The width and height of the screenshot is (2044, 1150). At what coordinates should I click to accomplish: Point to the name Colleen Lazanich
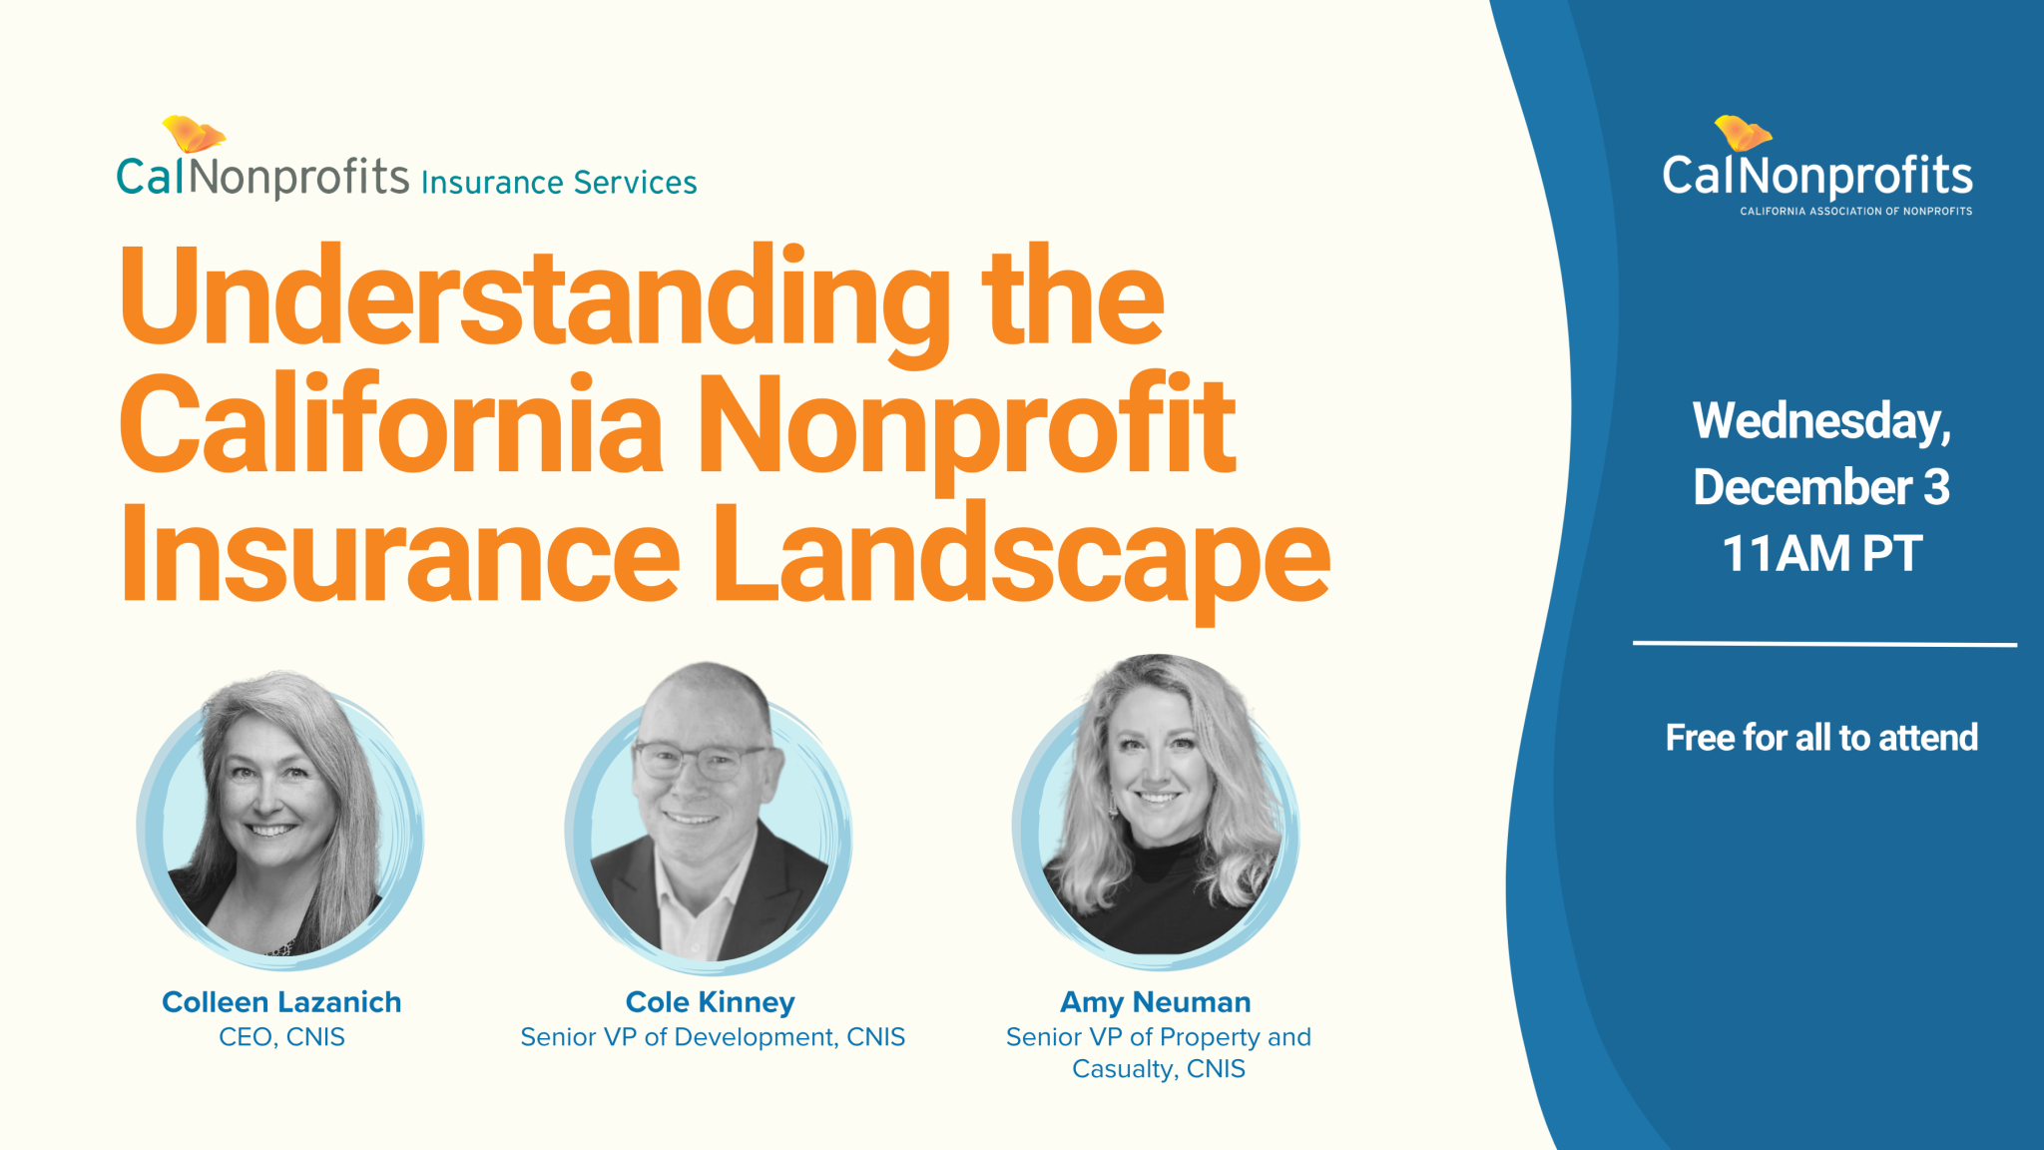(281, 1002)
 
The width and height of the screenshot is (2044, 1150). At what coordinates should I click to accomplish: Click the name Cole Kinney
(710, 1002)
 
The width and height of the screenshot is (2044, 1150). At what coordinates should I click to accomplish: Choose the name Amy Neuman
(1155, 1002)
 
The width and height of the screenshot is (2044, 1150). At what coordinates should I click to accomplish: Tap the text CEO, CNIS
(281, 1037)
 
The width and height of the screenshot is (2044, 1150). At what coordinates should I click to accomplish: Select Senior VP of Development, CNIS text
(713, 1037)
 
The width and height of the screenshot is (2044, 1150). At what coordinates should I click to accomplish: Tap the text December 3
(1821, 487)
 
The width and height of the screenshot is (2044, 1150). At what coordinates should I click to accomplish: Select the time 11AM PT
(1821, 554)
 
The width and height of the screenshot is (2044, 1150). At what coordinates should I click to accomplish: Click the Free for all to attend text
(1821, 738)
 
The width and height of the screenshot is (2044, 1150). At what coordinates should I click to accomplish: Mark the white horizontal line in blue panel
(1824, 644)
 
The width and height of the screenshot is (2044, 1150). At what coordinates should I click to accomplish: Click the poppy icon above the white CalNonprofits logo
(1742, 134)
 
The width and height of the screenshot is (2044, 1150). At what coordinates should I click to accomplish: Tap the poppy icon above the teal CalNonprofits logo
(194, 134)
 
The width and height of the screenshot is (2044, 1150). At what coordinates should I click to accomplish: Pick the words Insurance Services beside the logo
(559, 183)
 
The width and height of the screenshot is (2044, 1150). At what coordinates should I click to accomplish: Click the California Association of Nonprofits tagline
(1855, 212)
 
